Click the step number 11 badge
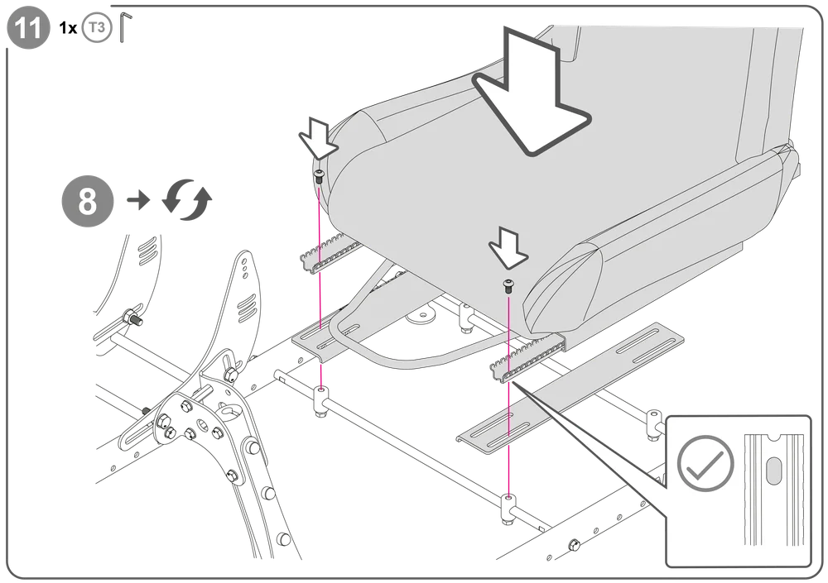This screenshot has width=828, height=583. click(x=28, y=28)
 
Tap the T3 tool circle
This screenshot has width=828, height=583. click(x=97, y=27)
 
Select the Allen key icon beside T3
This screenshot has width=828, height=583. click(x=125, y=26)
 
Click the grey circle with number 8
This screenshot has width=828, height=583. click(x=88, y=202)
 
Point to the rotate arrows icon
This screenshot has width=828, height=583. click(x=187, y=200)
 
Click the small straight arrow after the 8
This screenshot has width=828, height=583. click(x=139, y=200)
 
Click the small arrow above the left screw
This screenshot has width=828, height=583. click(x=318, y=138)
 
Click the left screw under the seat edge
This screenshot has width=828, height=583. click(x=319, y=177)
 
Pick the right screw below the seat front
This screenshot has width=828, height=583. click(x=508, y=285)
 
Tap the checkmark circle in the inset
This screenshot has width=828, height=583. click(x=705, y=463)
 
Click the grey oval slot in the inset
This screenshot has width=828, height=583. click(x=774, y=471)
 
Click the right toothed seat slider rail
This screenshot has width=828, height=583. click(x=528, y=358)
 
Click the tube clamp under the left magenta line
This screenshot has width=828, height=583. click(x=321, y=402)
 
